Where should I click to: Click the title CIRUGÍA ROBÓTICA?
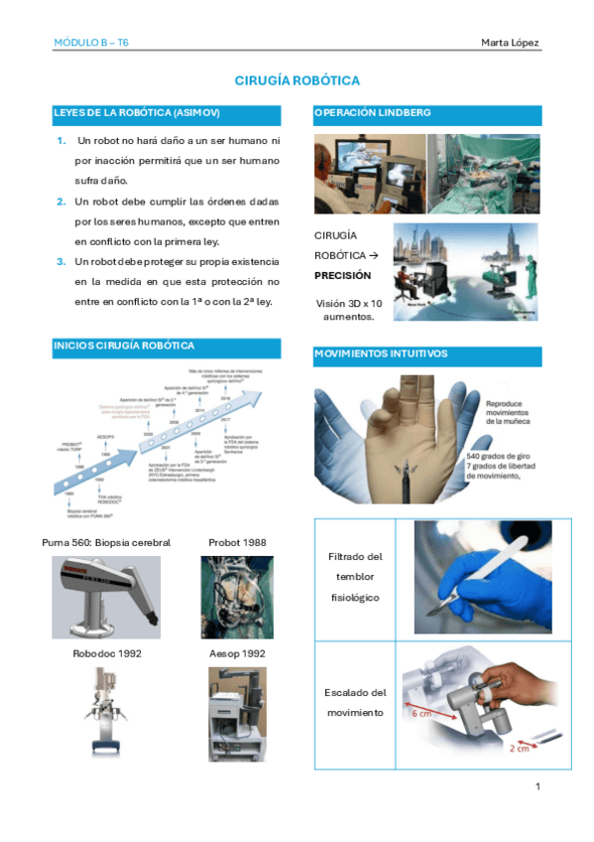297,79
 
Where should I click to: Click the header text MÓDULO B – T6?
91,42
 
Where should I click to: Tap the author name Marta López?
510,42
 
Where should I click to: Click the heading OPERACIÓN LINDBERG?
372,113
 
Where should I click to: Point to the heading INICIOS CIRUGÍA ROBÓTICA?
123,346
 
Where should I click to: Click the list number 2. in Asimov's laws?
61,202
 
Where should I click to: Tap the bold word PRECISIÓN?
342,275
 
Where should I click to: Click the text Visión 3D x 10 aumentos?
348,309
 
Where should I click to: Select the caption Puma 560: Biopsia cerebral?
106,542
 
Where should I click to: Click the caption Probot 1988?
237,542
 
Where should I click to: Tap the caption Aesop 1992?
237,653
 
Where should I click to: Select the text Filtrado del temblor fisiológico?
355,577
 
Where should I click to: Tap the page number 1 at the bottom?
536,786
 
